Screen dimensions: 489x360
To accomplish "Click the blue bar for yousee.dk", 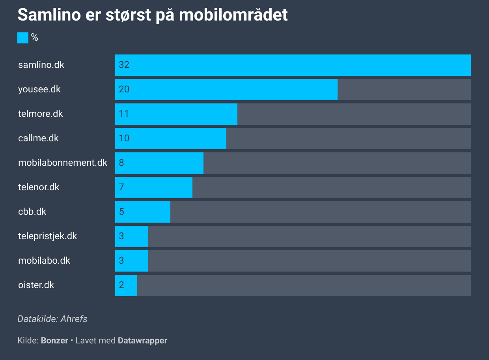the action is point(226,90).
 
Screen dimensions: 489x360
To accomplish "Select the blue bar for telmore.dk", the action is point(176,114).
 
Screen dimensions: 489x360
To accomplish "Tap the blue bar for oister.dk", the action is point(126,285).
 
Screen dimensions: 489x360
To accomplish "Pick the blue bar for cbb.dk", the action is point(142,212).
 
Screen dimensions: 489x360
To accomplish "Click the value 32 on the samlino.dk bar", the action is point(124,65).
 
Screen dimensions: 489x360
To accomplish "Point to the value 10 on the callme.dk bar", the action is point(124,138).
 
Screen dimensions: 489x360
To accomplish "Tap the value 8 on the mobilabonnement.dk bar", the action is point(121,163).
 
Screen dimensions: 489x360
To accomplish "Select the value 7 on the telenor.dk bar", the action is point(121,187).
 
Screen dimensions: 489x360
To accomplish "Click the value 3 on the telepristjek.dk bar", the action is point(121,236).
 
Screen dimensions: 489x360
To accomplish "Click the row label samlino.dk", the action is point(41,65).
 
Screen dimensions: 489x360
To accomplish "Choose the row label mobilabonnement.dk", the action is point(63,163).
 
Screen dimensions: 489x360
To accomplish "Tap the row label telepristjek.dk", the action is point(48,236).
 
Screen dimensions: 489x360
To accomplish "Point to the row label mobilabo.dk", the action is point(44,261).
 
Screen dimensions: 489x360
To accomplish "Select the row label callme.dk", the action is point(38,138).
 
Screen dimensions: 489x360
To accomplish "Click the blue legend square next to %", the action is point(23,38).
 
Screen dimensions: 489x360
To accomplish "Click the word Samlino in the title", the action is point(49,15).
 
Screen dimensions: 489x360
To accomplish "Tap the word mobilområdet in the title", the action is point(233,15).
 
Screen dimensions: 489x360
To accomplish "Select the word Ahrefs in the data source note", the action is point(74,319).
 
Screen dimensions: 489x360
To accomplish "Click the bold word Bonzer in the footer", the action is point(54,341).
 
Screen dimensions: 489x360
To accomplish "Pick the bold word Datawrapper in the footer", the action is point(142,341).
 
